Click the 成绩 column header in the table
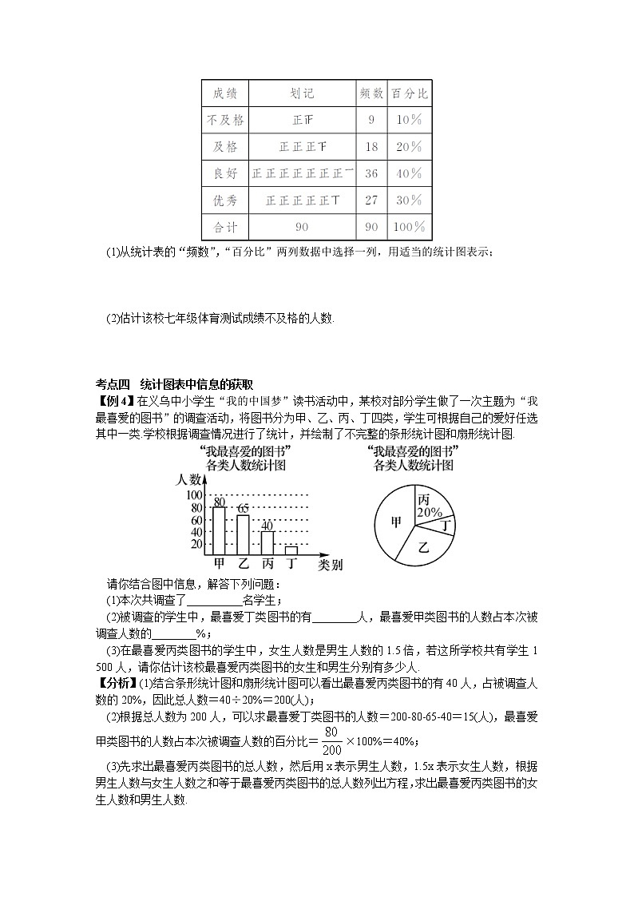[224, 93]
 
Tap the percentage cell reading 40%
[408, 173]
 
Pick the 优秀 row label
[224, 200]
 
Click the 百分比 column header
[408, 93]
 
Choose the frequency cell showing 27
[370, 200]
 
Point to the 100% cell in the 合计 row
[408, 228]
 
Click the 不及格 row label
[224, 120]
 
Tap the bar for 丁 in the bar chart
[291, 550]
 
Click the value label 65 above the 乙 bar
[243, 509]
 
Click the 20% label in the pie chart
[430, 511]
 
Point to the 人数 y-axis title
[189, 480]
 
